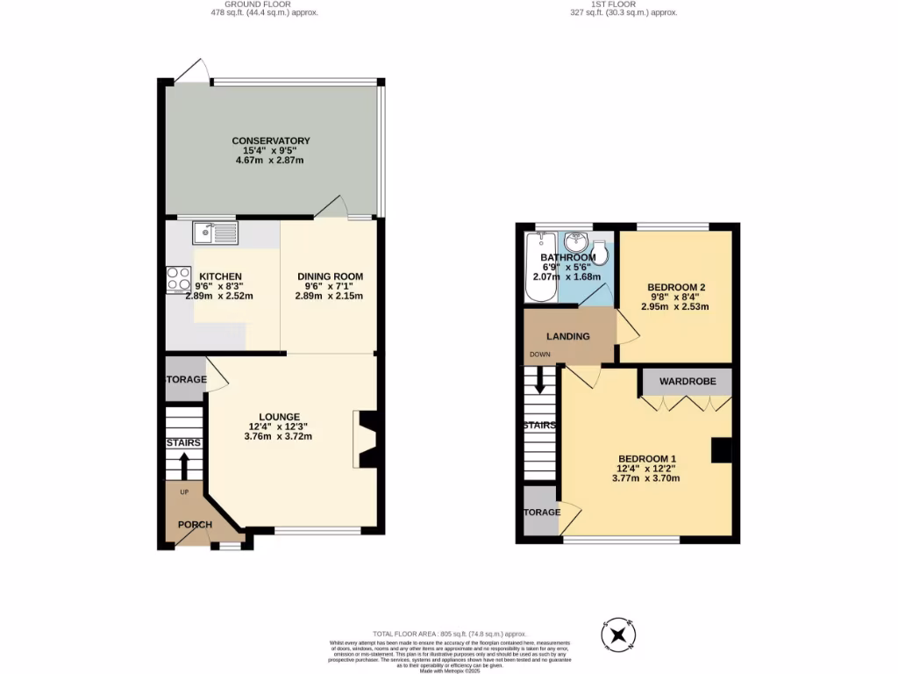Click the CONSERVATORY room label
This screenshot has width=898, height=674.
(271, 141)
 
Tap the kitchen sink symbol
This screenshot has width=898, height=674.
(215, 233)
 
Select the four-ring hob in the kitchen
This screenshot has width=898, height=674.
(179, 279)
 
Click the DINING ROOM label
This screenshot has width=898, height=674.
(329, 276)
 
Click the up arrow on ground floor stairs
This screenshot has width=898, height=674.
(184, 466)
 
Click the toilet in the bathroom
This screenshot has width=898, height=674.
(601, 249)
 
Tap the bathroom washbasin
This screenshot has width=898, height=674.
(575, 240)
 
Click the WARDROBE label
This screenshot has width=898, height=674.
(688, 382)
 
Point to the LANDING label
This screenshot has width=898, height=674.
(568, 336)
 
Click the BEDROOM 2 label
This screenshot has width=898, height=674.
(677, 287)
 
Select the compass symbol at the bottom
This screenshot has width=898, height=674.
(618, 635)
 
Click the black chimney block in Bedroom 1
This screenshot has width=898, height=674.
(721, 449)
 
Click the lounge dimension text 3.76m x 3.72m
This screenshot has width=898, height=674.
(279, 436)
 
